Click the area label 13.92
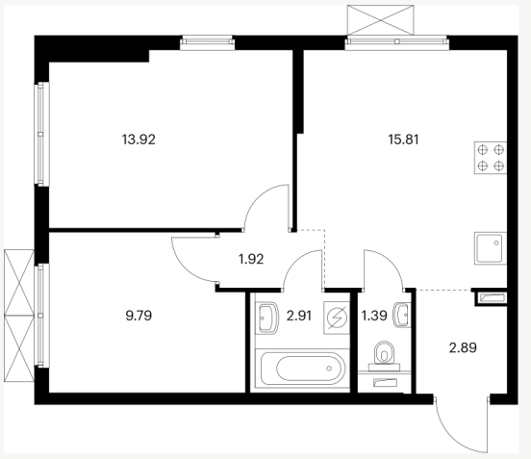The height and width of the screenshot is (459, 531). [139, 140]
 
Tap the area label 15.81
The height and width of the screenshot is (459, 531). [403, 140]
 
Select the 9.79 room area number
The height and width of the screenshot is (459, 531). [139, 316]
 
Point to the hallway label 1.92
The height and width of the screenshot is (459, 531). [251, 259]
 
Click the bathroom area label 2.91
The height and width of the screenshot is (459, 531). [299, 316]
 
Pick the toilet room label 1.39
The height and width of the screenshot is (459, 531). [374, 316]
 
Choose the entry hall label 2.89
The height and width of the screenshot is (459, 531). [463, 347]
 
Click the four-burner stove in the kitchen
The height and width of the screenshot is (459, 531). [491, 158]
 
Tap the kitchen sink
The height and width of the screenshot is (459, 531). [491, 248]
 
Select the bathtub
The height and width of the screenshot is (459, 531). [303, 369]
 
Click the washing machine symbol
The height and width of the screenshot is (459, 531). [337, 318]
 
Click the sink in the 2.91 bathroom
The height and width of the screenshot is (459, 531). [268, 318]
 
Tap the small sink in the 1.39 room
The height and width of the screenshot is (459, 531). [402, 315]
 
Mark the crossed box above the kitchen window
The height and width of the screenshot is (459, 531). [380, 20]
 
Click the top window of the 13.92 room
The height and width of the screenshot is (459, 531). [207, 42]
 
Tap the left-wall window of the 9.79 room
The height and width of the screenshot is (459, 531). [40, 316]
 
